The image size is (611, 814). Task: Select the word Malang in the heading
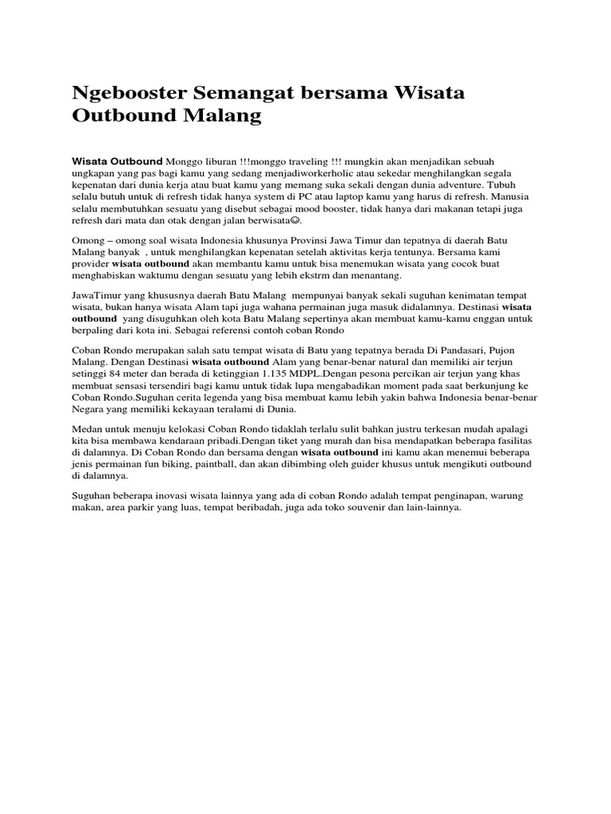(x=224, y=116)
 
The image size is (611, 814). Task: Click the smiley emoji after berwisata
(x=295, y=220)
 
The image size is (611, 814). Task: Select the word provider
(x=91, y=262)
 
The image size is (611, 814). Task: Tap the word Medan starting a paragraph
(x=88, y=428)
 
